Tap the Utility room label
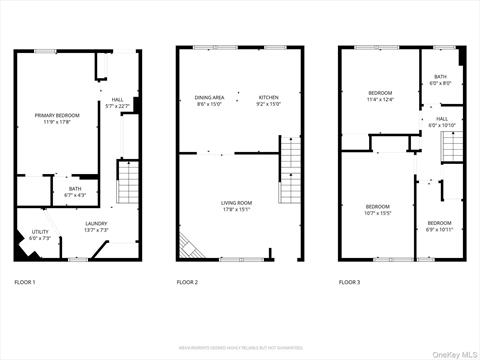(39, 235)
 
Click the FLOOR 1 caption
(24, 283)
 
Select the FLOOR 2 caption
(187, 283)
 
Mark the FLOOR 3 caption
(349, 283)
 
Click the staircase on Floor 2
(289, 170)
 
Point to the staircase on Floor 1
(128, 182)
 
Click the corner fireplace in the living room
(187, 247)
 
